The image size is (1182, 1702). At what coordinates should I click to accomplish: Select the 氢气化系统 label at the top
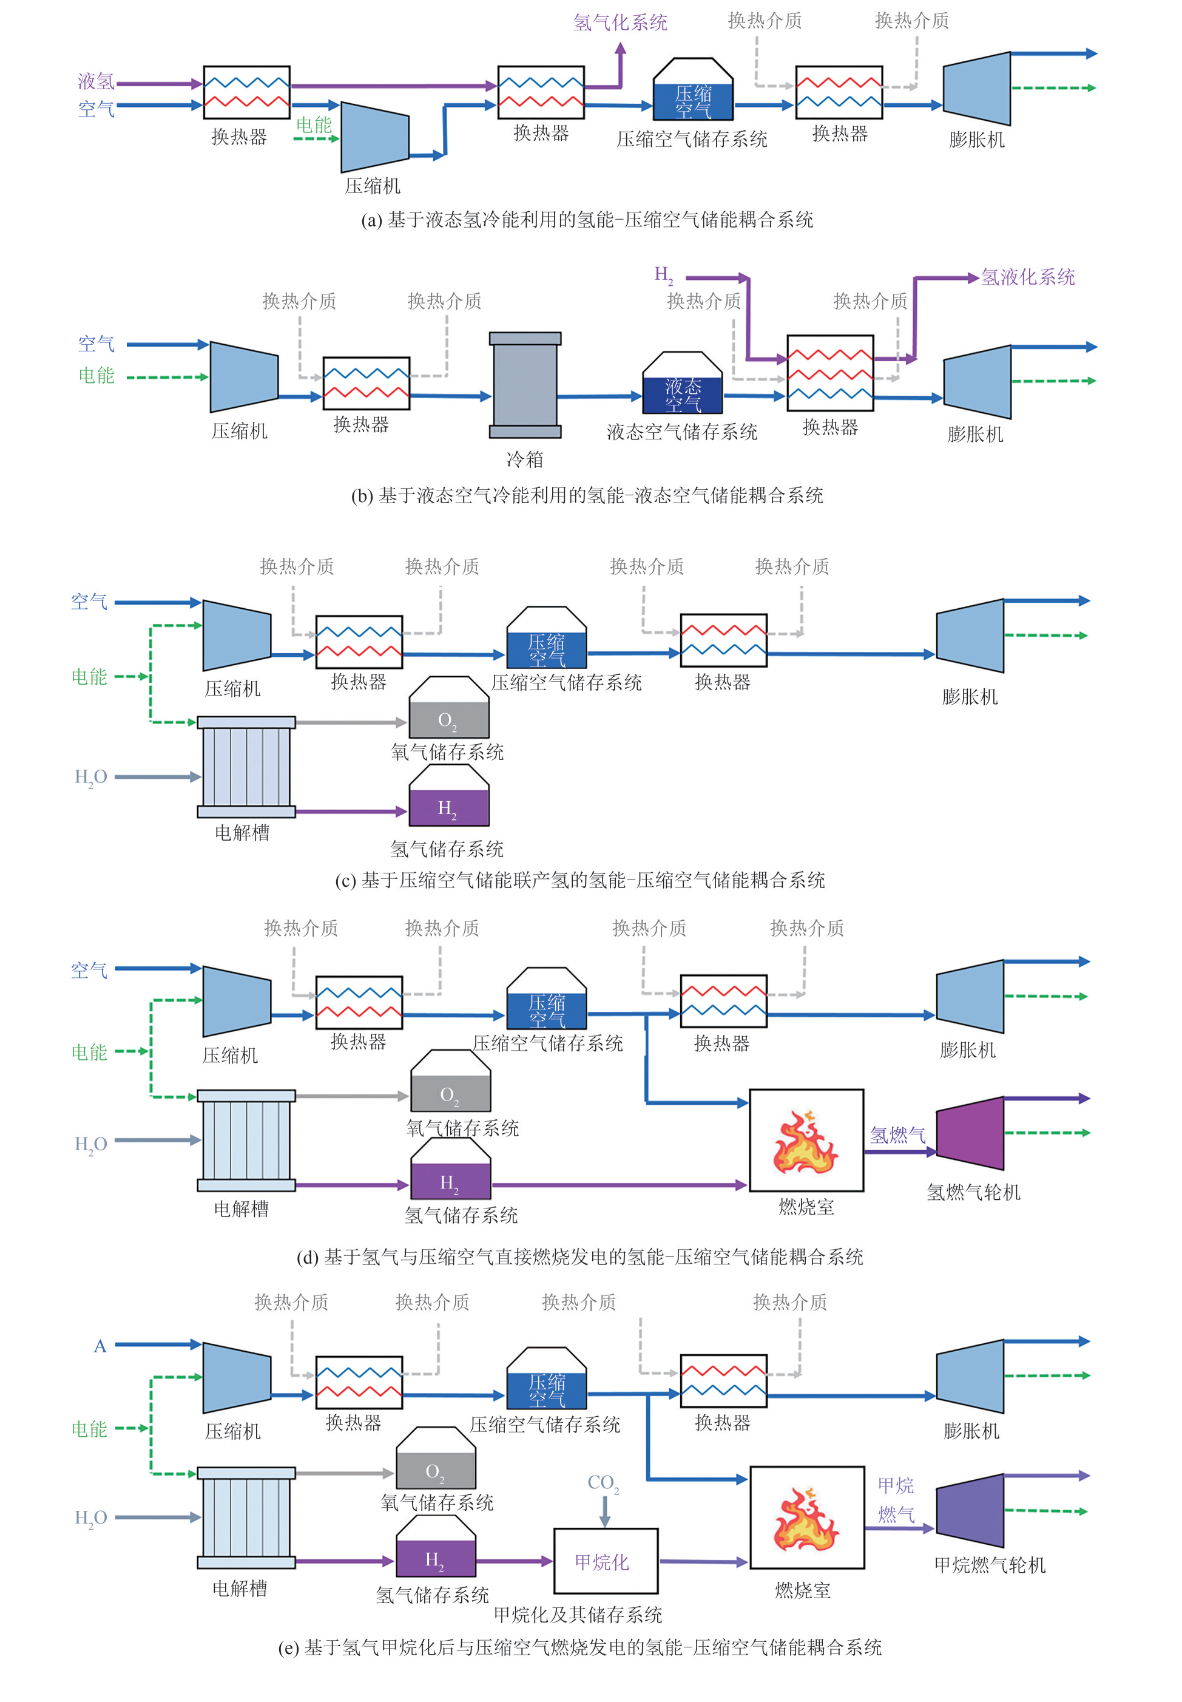point(620,23)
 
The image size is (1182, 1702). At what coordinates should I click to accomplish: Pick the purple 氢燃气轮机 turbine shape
point(971,1133)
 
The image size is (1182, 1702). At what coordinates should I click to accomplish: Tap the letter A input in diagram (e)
point(100,1346)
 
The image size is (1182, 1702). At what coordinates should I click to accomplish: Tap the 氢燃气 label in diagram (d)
point(897,1134)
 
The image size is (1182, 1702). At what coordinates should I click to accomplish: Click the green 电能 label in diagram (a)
point(314,125)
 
